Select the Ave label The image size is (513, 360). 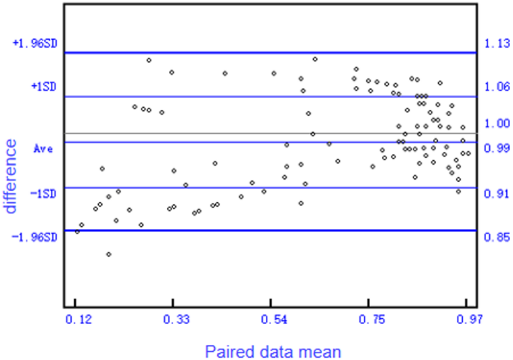point(43,149)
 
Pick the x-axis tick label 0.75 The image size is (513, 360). point(372,320)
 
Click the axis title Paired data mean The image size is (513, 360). point(274,350)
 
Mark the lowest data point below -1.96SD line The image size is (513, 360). point(109,254)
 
